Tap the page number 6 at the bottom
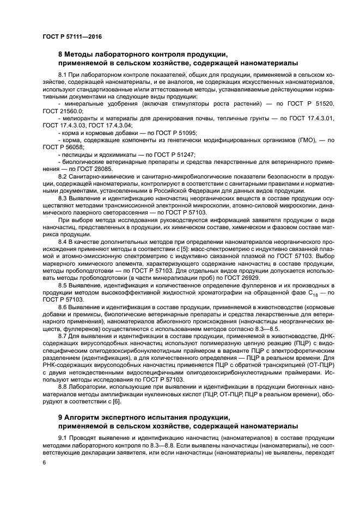pyautogui.click(x=44, y=462)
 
